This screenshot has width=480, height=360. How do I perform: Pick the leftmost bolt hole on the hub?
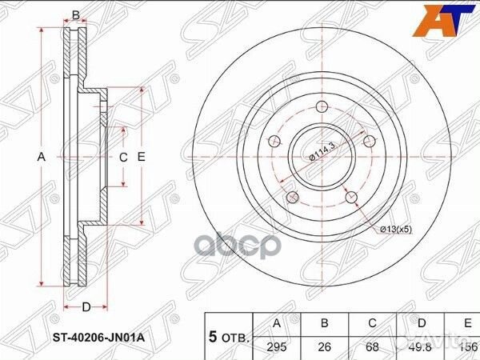(274, 142)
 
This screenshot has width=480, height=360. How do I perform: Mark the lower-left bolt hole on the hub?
(292, 197)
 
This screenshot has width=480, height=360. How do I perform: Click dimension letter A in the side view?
(42, 157)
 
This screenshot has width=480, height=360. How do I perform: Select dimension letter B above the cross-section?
(75, 14)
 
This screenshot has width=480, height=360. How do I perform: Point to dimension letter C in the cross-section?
(123, 157)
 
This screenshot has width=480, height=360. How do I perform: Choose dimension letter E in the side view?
(141, 157)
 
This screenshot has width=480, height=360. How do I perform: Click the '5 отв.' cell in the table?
(229, 336)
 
